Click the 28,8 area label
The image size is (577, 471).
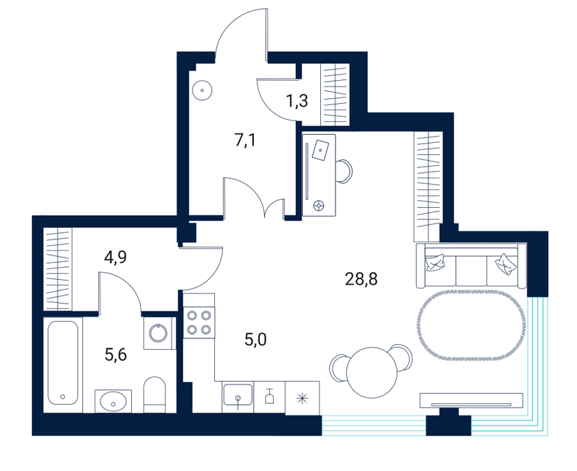tap(361, 279)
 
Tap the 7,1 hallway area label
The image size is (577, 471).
tap(245, 140)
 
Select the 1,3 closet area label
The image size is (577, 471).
tap(296, 100)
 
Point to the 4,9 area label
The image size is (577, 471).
tap(115, 257)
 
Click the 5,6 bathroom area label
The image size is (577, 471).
tap(115, 355)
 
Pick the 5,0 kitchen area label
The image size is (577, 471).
tap(255, 340)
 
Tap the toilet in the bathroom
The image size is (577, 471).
tap(154, 394)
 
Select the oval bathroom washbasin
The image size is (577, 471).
tap(113, 401)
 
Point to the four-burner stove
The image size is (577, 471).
tap(199, 322)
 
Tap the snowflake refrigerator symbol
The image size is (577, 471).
tap(302, 398)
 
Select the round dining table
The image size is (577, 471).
tap(372, 372)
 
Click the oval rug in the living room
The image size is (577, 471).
tap(471, 325)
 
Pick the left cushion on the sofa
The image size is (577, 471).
tap(436, 263)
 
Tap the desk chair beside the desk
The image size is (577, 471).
tap(345, 171)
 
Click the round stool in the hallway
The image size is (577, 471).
tap(202, 90)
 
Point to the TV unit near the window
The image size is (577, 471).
tap(472, 400)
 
